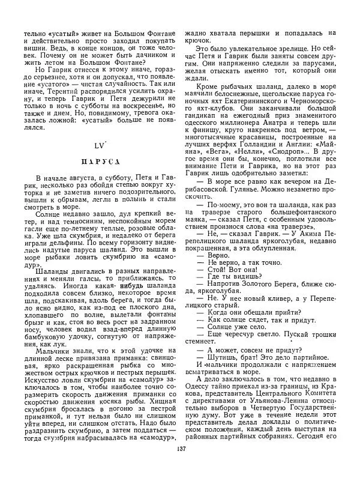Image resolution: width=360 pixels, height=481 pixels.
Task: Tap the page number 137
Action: pyautogui.click(x=181, y=465)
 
